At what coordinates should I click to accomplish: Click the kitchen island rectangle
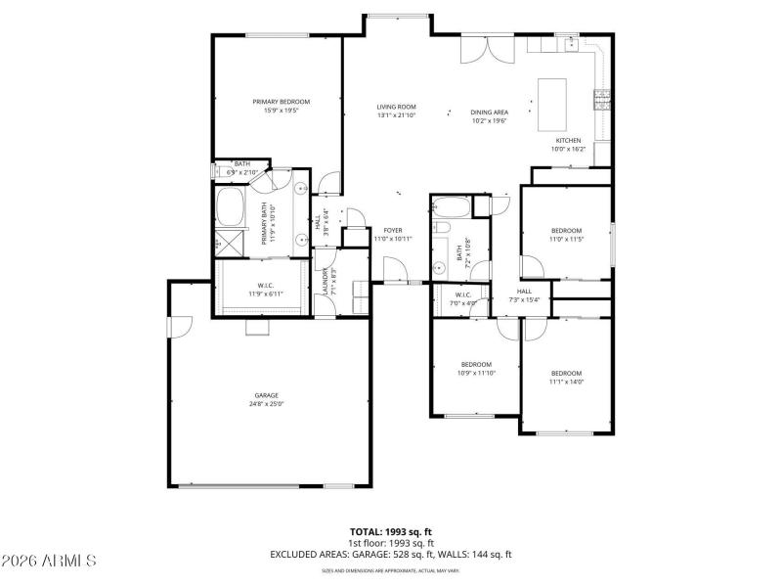tap(553, 104)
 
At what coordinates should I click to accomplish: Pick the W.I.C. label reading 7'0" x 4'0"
tap(463, 297)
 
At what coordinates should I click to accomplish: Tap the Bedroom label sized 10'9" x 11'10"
tap(476, 368)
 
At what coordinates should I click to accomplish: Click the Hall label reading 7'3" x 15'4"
tap(524, 295)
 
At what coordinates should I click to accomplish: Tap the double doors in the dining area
tap(487, 48)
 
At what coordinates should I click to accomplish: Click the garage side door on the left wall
tap(173, 327)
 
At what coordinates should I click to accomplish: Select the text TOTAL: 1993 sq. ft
tap(391, 532)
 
